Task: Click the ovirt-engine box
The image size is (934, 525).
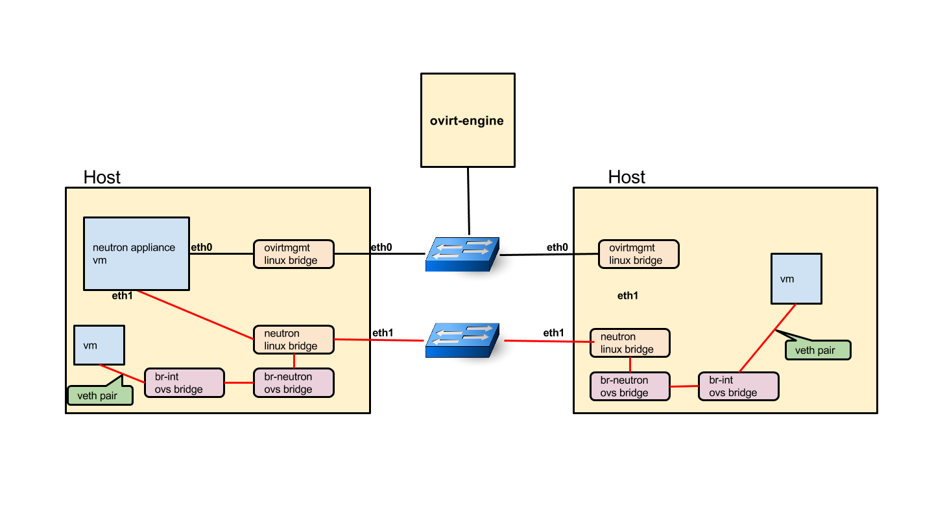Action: click(x=467, y=120)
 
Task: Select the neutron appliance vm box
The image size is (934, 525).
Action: click(x=136, y=253)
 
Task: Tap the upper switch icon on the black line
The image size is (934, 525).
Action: click(x=462, y=253)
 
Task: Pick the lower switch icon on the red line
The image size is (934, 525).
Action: click(x=462, y=340)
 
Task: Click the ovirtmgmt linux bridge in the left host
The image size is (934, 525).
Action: click(x=293, y=253)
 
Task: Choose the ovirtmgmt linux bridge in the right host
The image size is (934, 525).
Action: click(x=639, y=253)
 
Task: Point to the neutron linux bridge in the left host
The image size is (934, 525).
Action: click(x=293, y=340)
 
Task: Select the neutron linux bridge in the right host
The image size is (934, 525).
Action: click(x=630, y=343)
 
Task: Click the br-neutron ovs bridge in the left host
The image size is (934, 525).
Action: click(x=293, y=382)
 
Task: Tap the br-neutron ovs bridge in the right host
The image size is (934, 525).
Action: click(x=630, y=386)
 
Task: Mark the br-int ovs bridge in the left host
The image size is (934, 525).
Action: click(x=184, y=382)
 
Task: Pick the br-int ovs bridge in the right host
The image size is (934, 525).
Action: click(x=737, y=386)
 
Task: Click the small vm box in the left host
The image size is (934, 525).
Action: click(x=99, y=345)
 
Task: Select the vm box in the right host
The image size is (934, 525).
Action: click(x=796, y=279)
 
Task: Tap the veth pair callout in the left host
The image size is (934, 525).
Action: click(x=100, y=395)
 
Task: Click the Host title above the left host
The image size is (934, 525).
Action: click(x=102, y=177)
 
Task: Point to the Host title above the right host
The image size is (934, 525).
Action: click(x=627, y=177)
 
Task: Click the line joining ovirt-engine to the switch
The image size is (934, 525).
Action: click(x=467, y=201)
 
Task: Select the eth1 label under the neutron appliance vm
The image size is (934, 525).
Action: click(x=123, y=296)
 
